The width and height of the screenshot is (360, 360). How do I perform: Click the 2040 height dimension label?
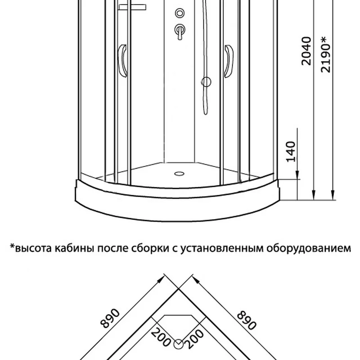point(306,51)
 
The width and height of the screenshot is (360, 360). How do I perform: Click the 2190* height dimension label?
point(325,54)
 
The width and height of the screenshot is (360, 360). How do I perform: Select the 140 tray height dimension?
point(291,152)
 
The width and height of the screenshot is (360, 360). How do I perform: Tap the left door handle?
point(122,61)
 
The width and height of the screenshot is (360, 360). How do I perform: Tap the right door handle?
point(229,61)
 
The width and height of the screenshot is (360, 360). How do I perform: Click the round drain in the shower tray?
point(179,174)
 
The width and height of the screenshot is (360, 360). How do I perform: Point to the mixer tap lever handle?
point(180,31)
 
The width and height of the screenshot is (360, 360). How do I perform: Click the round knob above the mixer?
point(180,13)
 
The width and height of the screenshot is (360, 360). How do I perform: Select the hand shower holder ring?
point(206,82)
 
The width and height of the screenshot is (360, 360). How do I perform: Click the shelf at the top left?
point(132,7)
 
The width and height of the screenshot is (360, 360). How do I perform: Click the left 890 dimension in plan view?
point(110,318)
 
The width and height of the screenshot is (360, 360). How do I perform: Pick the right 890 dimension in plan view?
point(246,320)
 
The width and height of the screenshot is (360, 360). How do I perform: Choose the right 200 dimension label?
point(194,338)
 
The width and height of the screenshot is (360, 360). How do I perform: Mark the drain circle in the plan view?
point(178,344)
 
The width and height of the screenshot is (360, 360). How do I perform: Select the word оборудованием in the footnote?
point(309,248)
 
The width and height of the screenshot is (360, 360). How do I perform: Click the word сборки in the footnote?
point(151,248)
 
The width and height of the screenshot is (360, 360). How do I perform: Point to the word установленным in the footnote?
point(222,248)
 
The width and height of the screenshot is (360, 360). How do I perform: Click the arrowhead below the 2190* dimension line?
point(333,195)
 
